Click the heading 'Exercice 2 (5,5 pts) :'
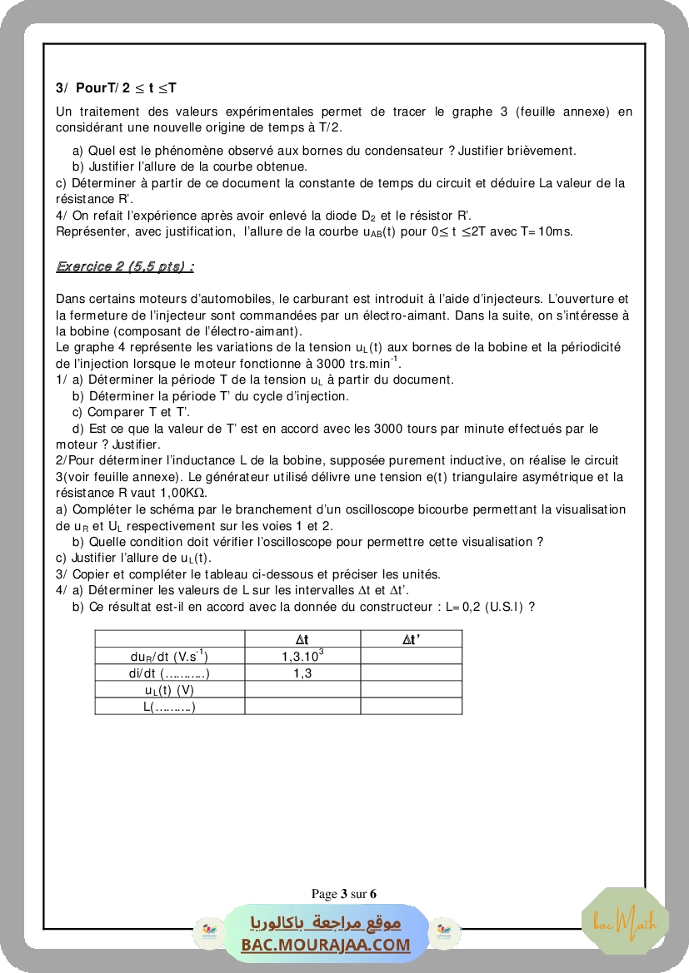coord(125,266)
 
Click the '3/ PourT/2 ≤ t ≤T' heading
coord(117,87)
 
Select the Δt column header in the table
coord(302,639)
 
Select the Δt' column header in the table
coord(411,639)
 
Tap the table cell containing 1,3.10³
coord(302,656)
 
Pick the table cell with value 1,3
coord(302,673)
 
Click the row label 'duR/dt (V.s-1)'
coord(169,657)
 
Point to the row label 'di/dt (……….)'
coord(169,673)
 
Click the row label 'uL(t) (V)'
coord(169,690)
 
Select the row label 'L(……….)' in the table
coord(169,707)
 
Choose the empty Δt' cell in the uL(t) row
coord(411,690)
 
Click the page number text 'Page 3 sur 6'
coord(344,894)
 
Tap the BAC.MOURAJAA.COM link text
coord(326,945)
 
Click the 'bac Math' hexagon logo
coord(625,921)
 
